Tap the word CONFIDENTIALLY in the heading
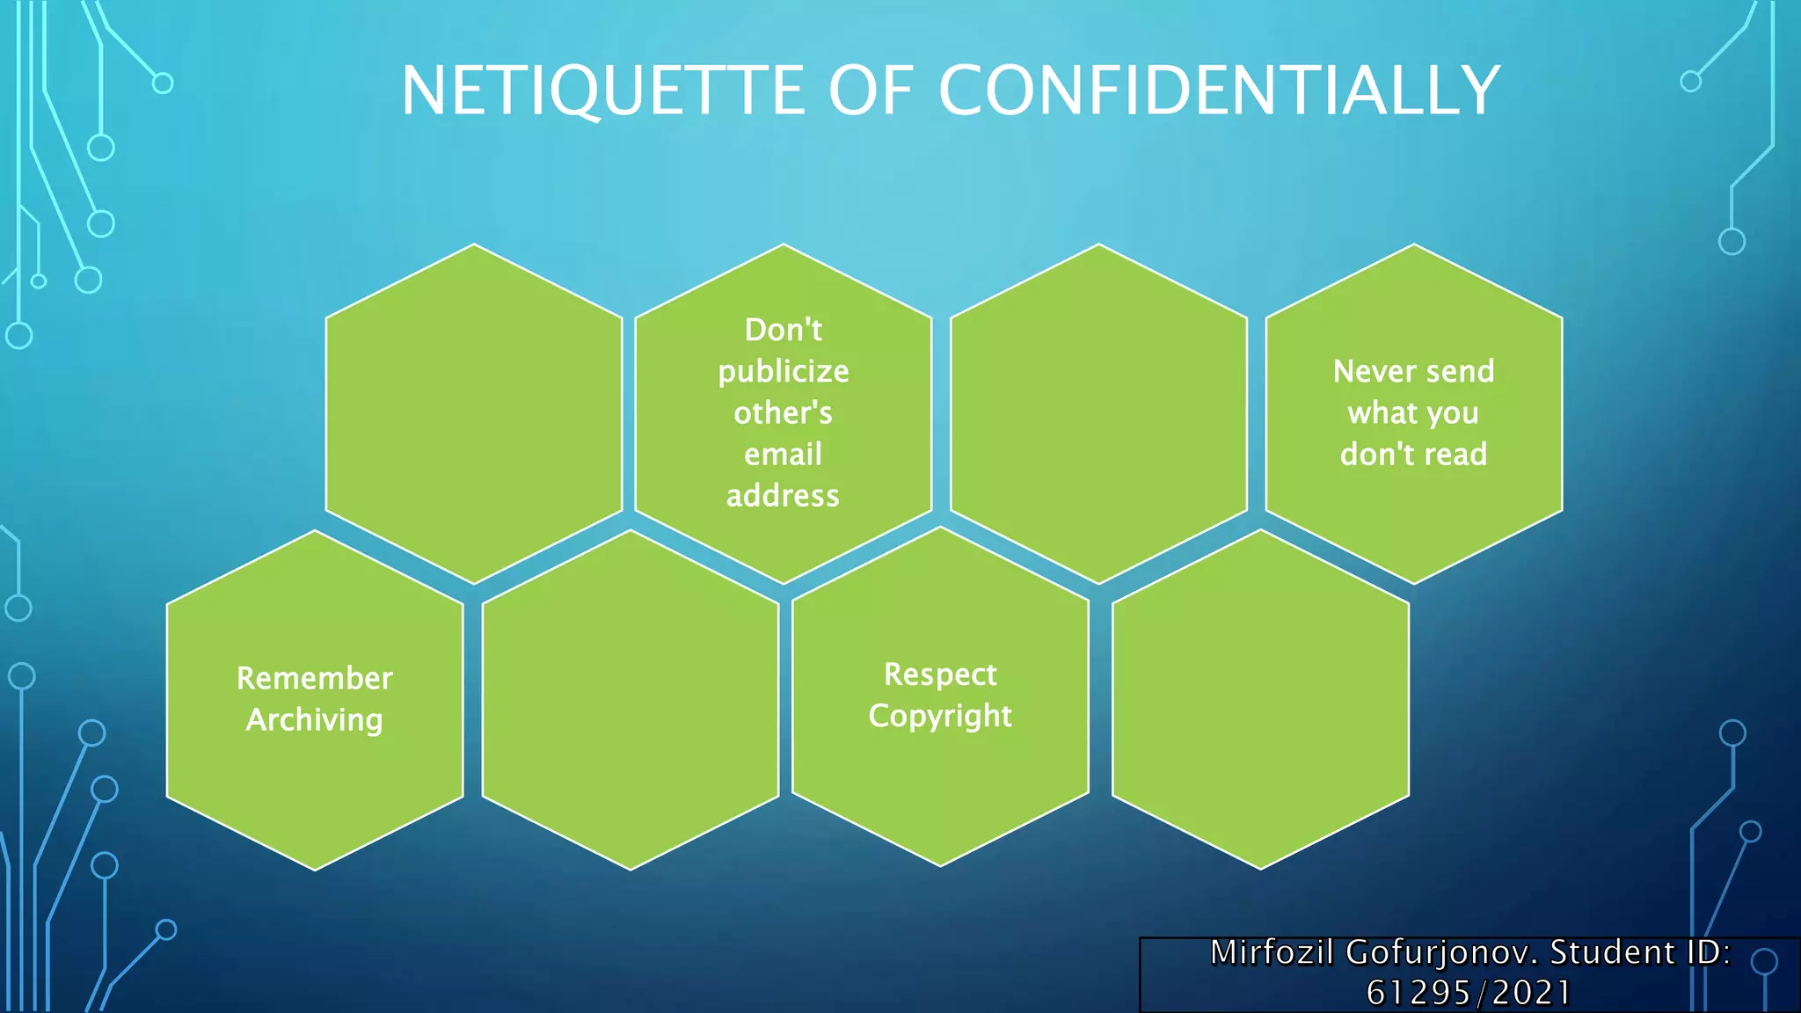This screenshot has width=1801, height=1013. click(1219, 91)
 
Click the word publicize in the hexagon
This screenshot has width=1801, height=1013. click(783, 372)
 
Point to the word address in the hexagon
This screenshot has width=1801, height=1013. click(783, 496)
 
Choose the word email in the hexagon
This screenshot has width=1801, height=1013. click(783, 455)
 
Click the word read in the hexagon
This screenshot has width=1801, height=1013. click(1462, 455)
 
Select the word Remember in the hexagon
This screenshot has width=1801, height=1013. click(315, 679)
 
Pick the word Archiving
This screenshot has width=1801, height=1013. click(315, 720)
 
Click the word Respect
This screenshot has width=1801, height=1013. click(940, 674)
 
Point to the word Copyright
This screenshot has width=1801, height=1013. click(940, 717)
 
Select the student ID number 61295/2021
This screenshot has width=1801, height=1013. click(1469, 993)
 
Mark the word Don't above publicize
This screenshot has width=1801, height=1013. click(783, 330)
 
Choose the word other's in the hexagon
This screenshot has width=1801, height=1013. click(783, 413)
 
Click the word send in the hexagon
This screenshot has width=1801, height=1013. click(1460, 371)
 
